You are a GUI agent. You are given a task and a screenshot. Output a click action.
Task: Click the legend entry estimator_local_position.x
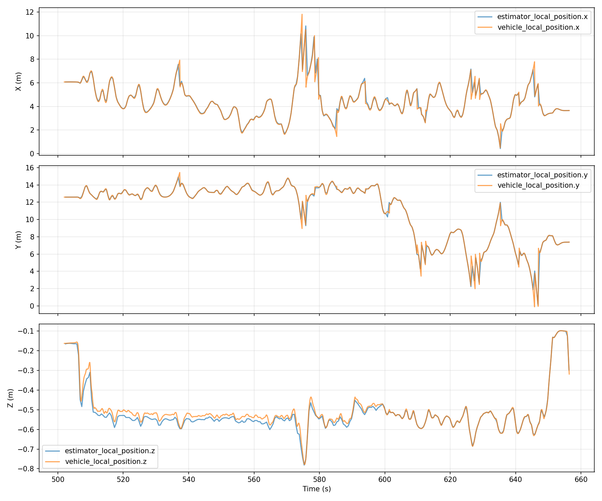542,17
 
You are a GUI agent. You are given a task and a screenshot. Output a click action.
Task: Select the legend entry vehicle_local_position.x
538,27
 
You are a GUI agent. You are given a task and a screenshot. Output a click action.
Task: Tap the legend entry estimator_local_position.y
542,175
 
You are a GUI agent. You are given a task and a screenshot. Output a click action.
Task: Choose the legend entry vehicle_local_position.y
538,186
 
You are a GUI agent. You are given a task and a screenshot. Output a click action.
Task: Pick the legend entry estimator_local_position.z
110,451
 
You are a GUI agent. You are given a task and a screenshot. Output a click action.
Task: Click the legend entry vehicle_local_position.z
106,462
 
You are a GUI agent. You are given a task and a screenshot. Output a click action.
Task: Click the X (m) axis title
19,81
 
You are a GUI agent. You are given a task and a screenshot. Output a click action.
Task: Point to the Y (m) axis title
19,239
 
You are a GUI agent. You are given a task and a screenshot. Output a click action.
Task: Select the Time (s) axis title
317,489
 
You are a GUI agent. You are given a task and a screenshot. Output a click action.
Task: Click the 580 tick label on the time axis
319,480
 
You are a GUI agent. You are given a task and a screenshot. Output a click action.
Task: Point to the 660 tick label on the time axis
581,480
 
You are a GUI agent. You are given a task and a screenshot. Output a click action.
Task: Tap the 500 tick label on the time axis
58,480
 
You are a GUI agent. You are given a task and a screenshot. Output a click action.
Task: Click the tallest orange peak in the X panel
302,14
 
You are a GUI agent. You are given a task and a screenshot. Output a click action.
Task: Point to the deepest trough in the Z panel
304,465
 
